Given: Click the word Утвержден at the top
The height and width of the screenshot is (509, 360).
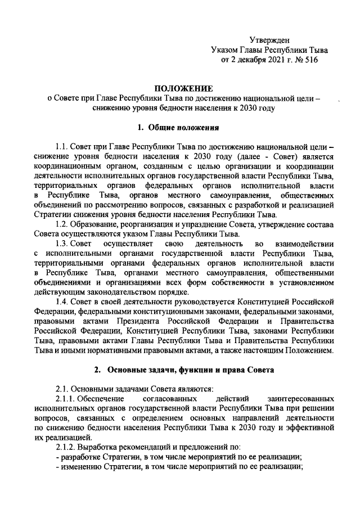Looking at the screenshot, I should (270, 39).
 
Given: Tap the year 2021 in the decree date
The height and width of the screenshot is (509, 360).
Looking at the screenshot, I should (272, 60).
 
